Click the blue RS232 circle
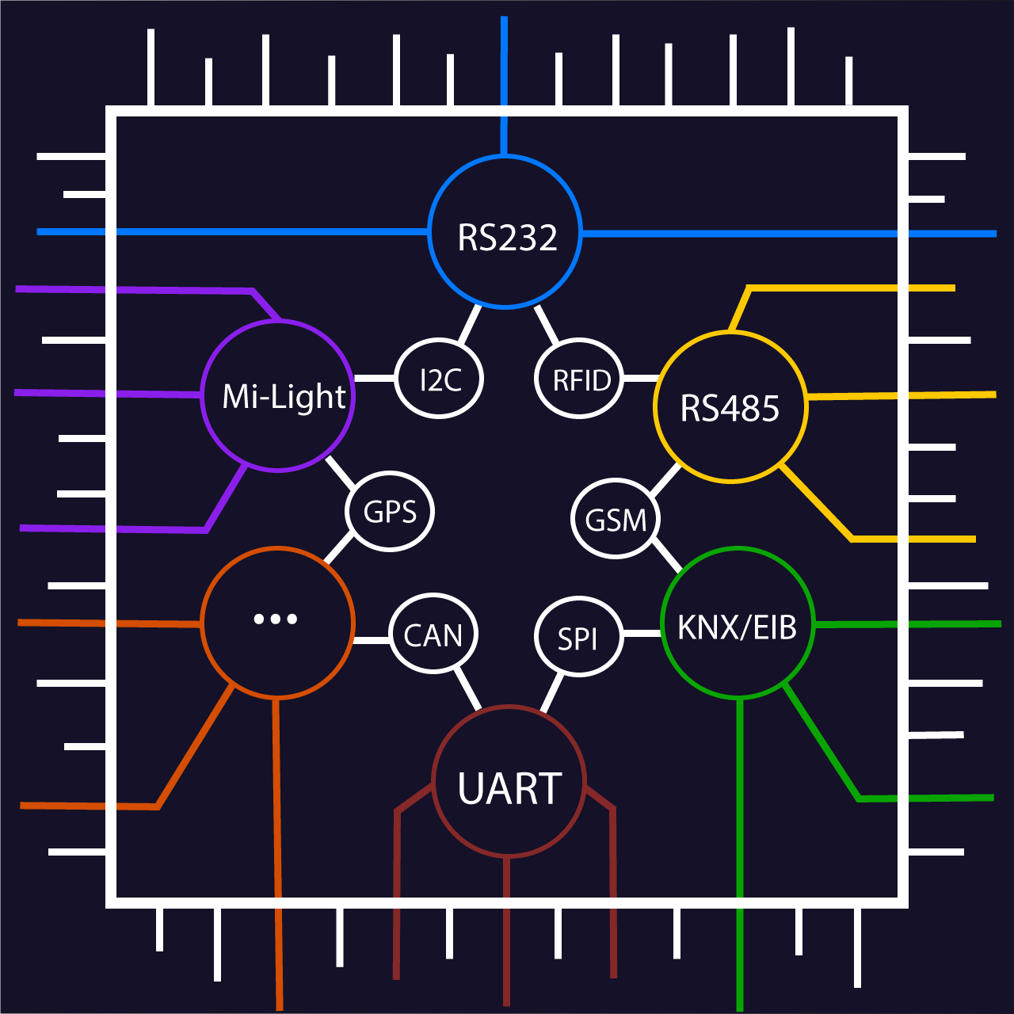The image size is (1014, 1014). pos(505,232)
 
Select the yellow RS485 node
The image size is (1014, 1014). pos(730,407)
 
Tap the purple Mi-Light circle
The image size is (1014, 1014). pos(278,395)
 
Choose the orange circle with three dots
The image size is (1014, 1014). pos(277,623)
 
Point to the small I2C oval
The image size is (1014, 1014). pos(439,379)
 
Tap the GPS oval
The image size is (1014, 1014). pos(390,511)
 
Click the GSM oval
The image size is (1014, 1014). pos(616,519)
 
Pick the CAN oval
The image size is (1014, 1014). pos(433,634)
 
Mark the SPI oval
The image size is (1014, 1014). pos(578,637)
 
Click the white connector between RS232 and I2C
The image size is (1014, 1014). pos(471,323)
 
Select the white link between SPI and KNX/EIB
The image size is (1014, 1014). pos(642,634)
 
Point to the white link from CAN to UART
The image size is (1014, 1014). pos(467,688)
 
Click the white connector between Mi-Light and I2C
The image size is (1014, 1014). pos(374,378)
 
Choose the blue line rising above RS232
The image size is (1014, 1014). pos(504,79)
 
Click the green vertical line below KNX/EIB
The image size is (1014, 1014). pos(740,856)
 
